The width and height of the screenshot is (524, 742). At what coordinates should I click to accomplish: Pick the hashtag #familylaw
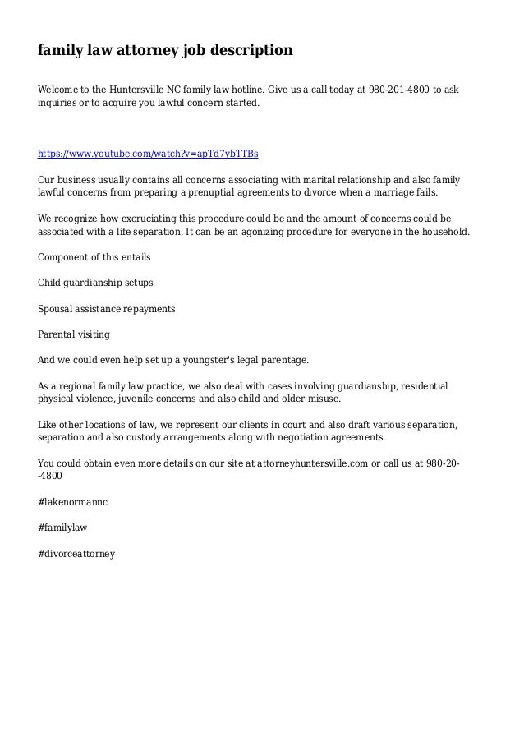(63, 528)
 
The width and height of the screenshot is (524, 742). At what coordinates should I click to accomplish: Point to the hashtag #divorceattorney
(77, 554)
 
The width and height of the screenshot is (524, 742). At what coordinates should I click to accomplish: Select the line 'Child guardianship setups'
(96, 283)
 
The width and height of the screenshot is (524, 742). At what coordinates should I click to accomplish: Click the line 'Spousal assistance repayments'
(107, 309)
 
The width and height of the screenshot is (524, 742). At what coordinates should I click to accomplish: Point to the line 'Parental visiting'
(74, 335)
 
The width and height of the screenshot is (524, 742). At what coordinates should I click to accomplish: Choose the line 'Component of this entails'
(94, 256)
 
